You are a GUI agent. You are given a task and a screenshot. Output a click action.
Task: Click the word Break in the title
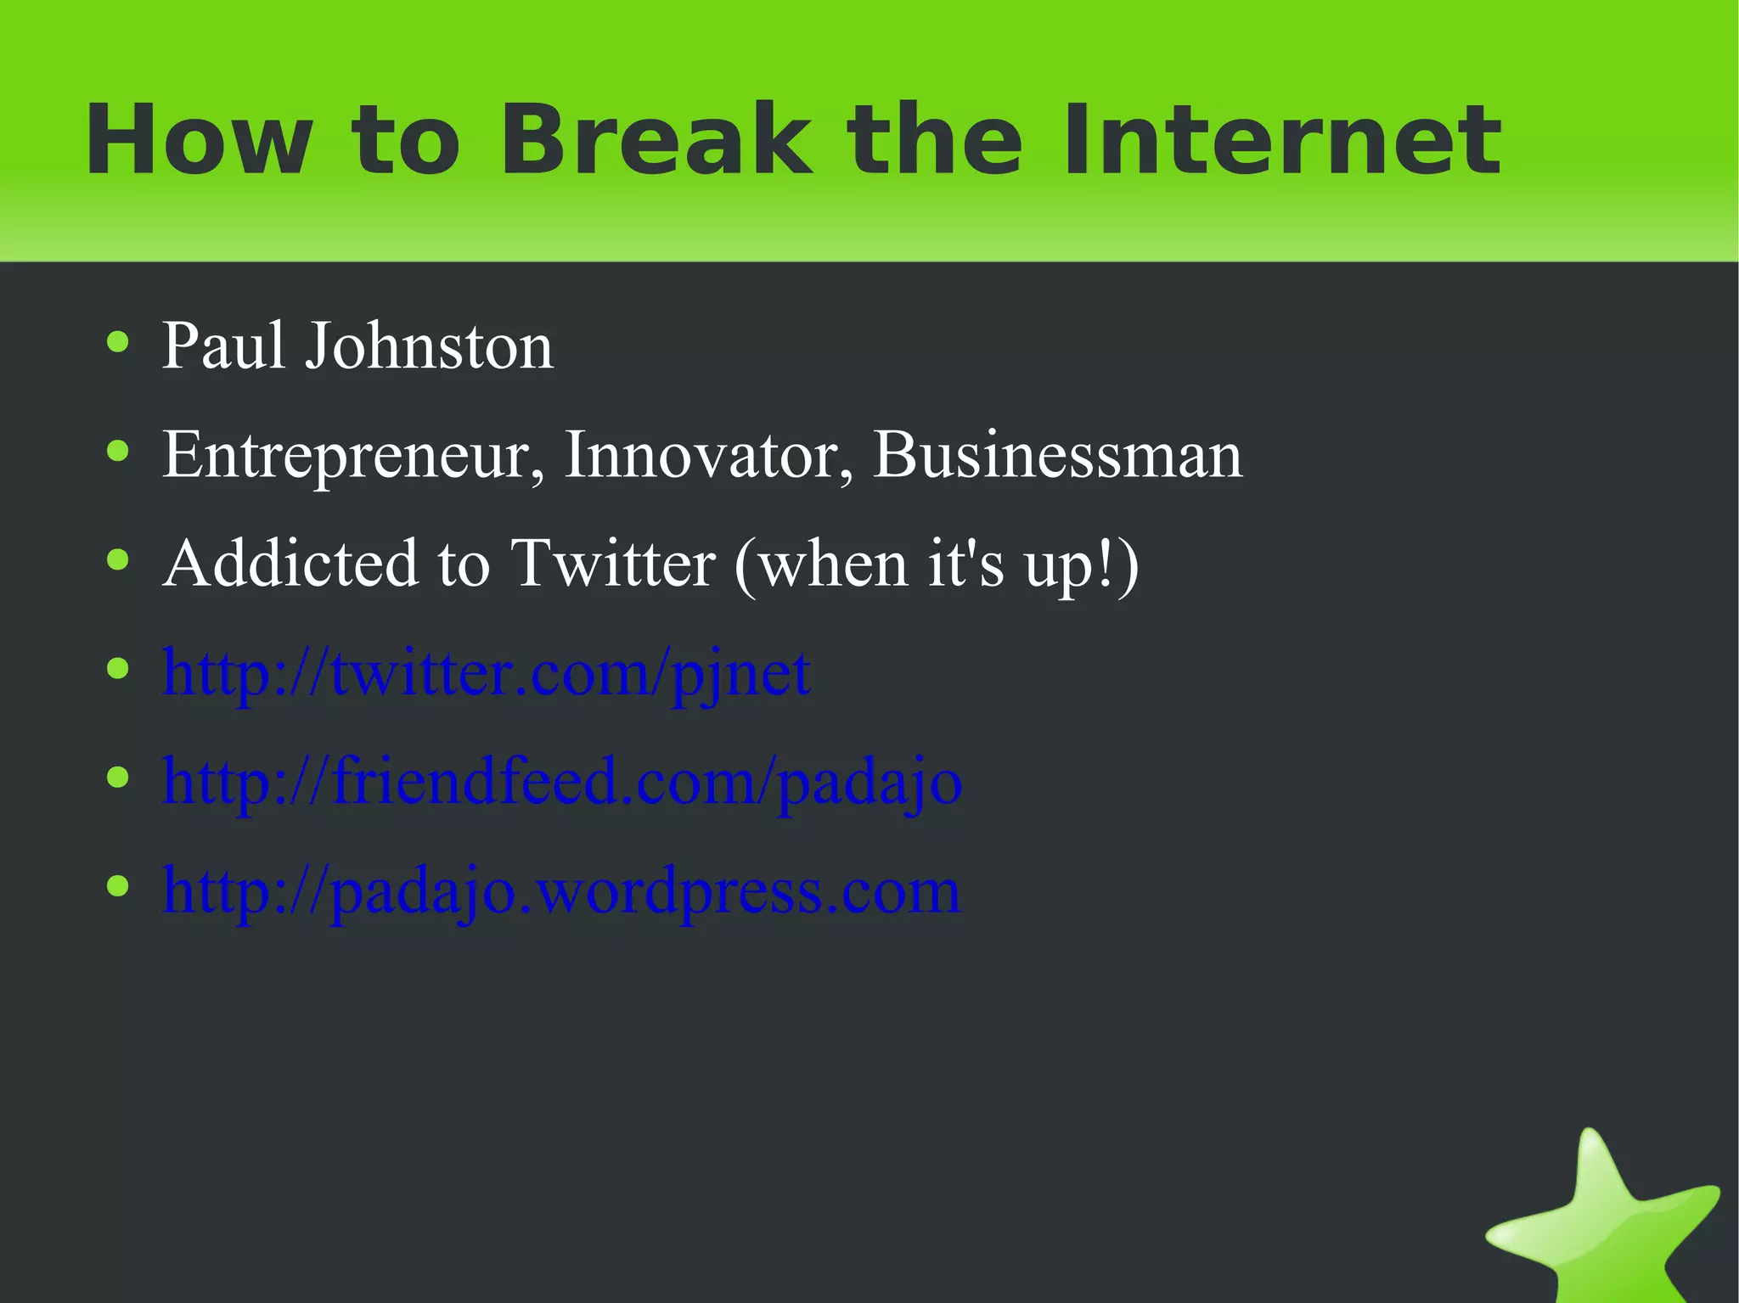click(x=654, y=140)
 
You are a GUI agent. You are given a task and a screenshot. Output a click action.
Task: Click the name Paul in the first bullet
click(x=222, y=346)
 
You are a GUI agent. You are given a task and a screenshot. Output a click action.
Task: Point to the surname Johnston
click(x=429, y=346)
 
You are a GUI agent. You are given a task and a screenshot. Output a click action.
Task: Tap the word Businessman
click(x=1057, y=456)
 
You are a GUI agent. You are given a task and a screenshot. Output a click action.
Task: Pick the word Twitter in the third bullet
click(x=613, y=564)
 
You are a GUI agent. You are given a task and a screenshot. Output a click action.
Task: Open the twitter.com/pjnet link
click(x=486, y=673)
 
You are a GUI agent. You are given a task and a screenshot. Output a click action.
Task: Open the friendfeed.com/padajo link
click(x=562, y=782)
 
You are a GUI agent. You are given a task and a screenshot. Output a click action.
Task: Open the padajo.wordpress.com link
click(x=560, y=890)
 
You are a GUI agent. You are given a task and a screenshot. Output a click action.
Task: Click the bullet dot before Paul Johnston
click(x=118, y=343)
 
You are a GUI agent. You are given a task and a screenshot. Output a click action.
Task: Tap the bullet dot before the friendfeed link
click(x=118, y=778)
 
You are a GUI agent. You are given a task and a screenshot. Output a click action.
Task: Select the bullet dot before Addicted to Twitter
click(x=118, y=560)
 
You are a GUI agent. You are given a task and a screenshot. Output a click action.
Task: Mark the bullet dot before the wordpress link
click(x=118, y=886)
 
